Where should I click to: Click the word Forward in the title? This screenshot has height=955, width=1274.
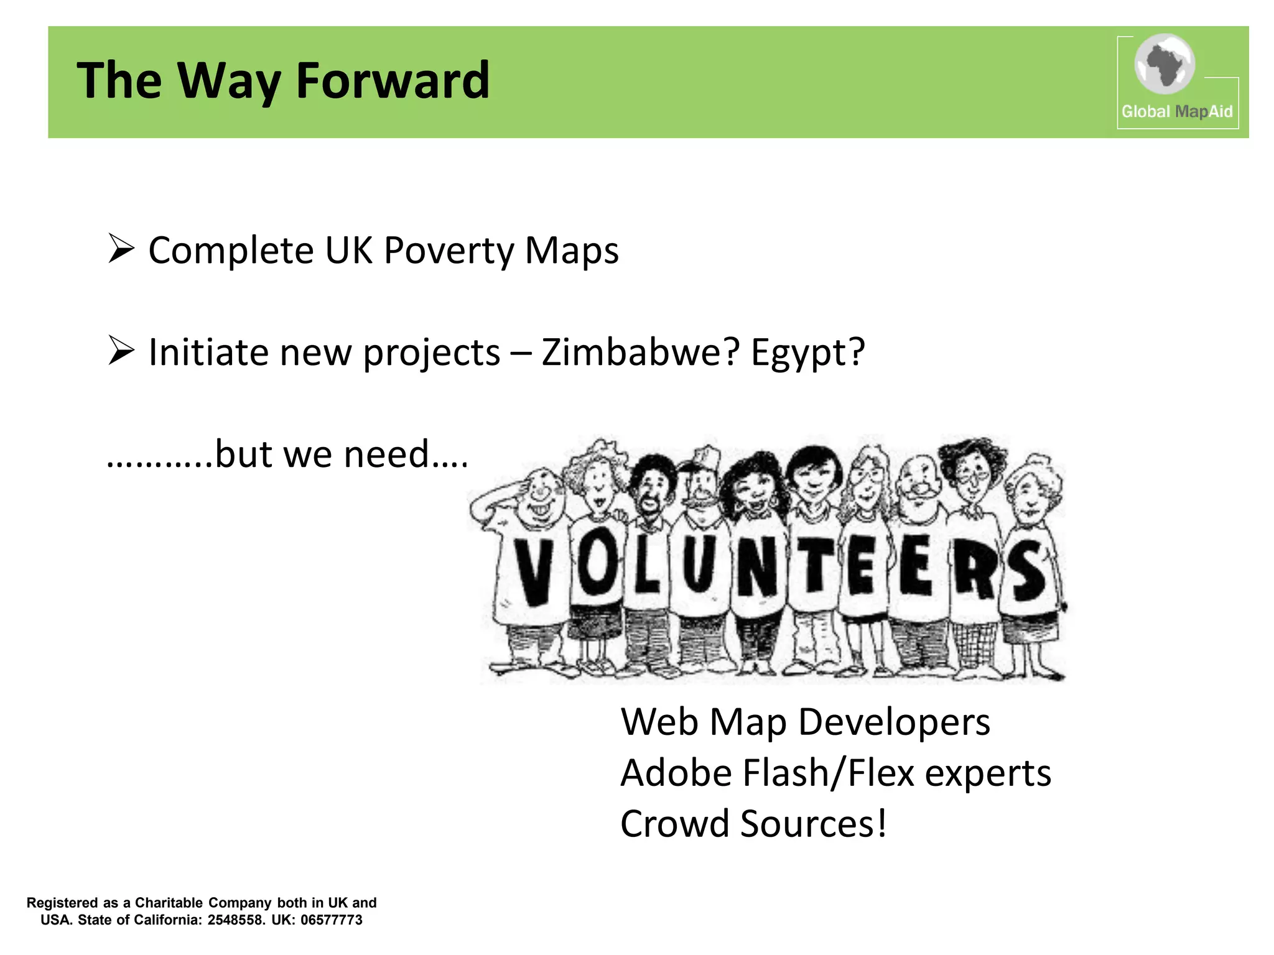(x=393, y=81)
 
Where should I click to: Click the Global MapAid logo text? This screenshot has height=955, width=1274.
(x=1176, y=112)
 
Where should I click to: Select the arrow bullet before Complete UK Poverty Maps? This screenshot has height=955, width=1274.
(x=121, y=249)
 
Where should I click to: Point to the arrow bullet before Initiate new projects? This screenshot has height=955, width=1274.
(x=121, y=351)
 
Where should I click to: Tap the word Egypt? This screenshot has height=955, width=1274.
(x=807, y=353)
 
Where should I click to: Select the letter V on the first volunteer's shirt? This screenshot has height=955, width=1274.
(x=532, y=571)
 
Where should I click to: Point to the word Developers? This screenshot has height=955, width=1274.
(x=894, y=722)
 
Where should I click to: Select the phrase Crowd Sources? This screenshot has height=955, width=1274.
(x=753, y=824)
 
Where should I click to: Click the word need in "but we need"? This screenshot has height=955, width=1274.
(x=386, y=454)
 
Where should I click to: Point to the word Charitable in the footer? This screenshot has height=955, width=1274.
(x=169, y=903)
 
